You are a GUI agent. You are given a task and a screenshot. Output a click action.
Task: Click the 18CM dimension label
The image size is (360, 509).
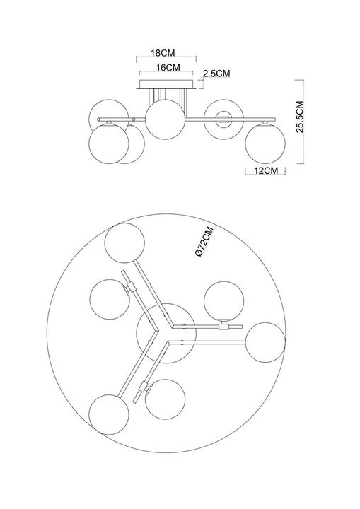(163, 52)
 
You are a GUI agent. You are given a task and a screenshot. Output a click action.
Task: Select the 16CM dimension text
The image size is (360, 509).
(168, 68)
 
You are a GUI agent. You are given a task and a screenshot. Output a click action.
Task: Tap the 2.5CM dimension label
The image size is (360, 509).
(216, 74)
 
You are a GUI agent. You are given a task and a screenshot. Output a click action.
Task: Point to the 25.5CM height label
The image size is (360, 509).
(300, 117)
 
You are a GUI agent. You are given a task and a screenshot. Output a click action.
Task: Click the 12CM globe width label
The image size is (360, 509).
(266, 170)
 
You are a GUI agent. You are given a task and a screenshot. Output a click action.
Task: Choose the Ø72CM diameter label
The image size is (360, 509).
(205, 242)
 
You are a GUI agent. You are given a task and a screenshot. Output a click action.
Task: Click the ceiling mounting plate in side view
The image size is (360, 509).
(167, 84)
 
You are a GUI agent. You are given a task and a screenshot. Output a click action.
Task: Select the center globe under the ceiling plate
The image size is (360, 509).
(165, 119)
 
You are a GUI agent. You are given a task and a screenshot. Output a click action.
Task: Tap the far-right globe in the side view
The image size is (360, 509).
(265, 144)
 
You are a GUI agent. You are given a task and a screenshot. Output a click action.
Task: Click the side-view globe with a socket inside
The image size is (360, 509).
(223, 119)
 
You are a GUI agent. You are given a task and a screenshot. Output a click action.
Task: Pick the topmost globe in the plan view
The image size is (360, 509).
(124, 242)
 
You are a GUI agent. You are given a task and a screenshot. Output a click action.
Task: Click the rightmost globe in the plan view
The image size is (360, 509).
(265, 342)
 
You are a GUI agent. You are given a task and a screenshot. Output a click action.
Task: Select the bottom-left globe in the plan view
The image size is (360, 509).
(109, 414)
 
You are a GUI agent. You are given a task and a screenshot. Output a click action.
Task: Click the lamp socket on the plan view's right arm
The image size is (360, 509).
(223, 326)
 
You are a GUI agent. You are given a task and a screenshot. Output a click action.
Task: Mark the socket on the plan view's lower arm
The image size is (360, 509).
(143, 386)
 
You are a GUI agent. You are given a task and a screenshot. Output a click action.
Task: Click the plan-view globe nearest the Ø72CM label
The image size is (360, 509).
(224, 301)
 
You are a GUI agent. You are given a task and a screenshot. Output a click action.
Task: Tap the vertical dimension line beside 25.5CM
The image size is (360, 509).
(303, 122)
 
